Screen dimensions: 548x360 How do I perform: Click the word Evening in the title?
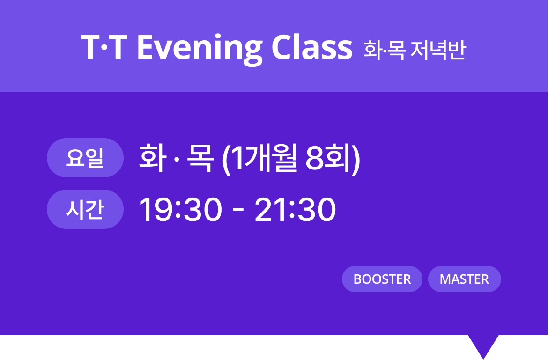click(200, 49)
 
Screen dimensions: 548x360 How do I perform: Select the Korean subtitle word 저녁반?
click(438, 50)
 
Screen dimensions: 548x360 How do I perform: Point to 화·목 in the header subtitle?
click(385, 50)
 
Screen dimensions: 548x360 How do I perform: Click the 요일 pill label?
click(85, 158)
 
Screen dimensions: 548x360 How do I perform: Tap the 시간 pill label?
click(85, 210)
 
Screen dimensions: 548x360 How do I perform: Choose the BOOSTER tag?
click(382, 279)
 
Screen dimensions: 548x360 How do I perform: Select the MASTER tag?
click(465, 279)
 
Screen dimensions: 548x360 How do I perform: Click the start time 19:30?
click(180, 210)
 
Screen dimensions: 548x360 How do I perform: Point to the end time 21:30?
click(296, 210)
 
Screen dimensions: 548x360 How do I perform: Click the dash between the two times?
click(238, 211)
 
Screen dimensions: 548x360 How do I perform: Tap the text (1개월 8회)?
click(291, 159)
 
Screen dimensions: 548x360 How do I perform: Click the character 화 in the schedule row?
click(153, 158)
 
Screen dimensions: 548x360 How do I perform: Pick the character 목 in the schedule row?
click(200, 158)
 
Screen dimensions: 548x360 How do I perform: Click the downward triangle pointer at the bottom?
click(483, 345)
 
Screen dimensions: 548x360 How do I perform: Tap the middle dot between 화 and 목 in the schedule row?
click(177, 159)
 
